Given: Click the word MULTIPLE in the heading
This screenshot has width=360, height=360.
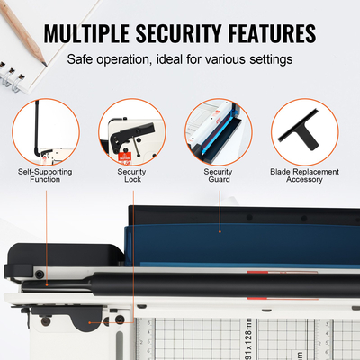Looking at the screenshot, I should [92, 33].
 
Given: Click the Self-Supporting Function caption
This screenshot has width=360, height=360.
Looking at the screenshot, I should [46, 175].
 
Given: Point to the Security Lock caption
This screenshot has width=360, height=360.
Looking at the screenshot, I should [131, 175].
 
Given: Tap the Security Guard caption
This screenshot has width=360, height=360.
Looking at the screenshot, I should [218, 175].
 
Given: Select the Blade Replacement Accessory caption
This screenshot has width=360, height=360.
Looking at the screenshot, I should [303, 175].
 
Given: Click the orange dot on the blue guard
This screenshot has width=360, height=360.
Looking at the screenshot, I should [219, 229].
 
